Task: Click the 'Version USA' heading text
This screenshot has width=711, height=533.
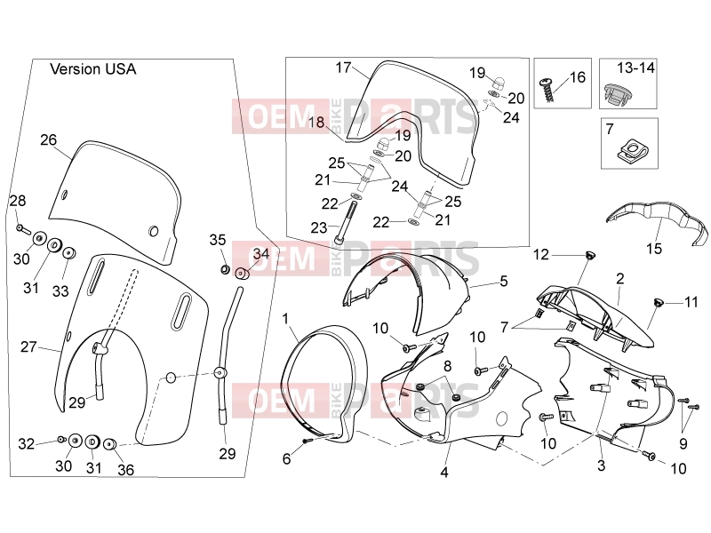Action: click(93, 69)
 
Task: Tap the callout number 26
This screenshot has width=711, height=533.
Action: click(49, 139)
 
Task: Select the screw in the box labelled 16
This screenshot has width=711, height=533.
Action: click(547, 91)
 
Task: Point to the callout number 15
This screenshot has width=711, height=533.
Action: click(654, 249)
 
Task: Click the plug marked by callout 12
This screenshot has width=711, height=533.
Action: click(589, 255)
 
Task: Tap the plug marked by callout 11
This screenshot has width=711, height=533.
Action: click(658, 302)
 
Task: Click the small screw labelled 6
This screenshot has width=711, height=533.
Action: click(307, 441)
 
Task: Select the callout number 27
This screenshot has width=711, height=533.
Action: click(28, 346)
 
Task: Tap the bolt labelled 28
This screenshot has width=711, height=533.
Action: click(23, 229)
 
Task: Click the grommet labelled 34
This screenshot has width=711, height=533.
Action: click(241, 274)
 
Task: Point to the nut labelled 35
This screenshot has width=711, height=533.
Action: click(225, 270)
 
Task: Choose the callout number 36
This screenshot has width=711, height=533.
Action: click(125, 470)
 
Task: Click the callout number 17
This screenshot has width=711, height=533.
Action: click(343, 68)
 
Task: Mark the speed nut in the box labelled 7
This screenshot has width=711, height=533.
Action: click(629, 150)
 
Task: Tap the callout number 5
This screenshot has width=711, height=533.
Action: click(504, 281)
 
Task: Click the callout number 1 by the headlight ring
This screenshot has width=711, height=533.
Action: click(285, 319)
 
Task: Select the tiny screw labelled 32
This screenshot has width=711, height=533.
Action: click(61, 439)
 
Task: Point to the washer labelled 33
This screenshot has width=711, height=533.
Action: click(69, 253)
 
